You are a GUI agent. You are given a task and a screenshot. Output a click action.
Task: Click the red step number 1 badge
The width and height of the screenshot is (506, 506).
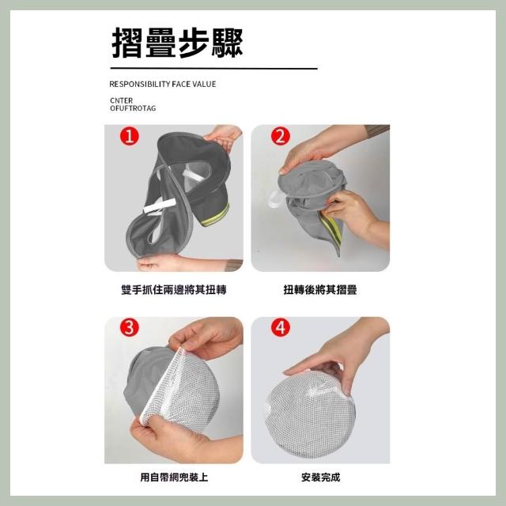[130, 136]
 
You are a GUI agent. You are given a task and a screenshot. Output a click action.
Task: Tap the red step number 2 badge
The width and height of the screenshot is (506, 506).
[280, 136]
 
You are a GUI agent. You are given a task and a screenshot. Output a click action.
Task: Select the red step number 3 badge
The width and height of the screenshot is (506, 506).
[130, 327]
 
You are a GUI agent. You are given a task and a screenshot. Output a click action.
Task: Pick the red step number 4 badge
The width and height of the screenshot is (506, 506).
[280, 327]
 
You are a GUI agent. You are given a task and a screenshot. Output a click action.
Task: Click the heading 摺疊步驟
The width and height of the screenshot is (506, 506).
[177, 42]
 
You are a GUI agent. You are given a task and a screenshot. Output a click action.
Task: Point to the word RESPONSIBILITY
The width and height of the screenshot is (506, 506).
[140, 85]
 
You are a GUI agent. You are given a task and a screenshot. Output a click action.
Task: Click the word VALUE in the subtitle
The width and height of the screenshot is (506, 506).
[204, 85]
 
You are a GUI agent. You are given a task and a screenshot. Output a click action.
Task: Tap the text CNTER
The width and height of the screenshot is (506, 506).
[121, 100]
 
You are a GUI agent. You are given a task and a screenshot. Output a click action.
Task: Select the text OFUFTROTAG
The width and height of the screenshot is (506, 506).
[133, 108]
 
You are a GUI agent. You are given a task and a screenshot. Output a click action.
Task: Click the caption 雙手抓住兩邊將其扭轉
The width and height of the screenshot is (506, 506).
[174, 290]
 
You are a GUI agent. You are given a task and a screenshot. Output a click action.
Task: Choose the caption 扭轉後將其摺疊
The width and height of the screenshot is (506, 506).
[320, 290]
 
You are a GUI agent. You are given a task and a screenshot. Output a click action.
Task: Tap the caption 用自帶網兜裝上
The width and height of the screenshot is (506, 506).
[174, 477]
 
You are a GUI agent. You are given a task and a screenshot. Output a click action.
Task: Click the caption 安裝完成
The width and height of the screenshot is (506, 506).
[320, 477]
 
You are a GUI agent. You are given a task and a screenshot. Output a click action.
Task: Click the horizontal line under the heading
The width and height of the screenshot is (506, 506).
[214, 69]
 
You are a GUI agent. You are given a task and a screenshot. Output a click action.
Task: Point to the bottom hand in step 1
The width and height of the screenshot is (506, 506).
[181, 262]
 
